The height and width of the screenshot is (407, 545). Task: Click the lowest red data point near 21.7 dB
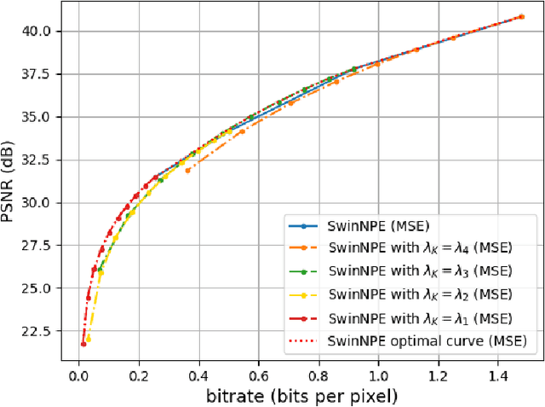tap(83, 344)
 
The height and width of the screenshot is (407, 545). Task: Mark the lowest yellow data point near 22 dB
tap(89, 339)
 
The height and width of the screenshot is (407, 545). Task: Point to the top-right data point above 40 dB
tap(521, 16)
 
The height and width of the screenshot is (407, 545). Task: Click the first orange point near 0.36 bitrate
tap(187, 171)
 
